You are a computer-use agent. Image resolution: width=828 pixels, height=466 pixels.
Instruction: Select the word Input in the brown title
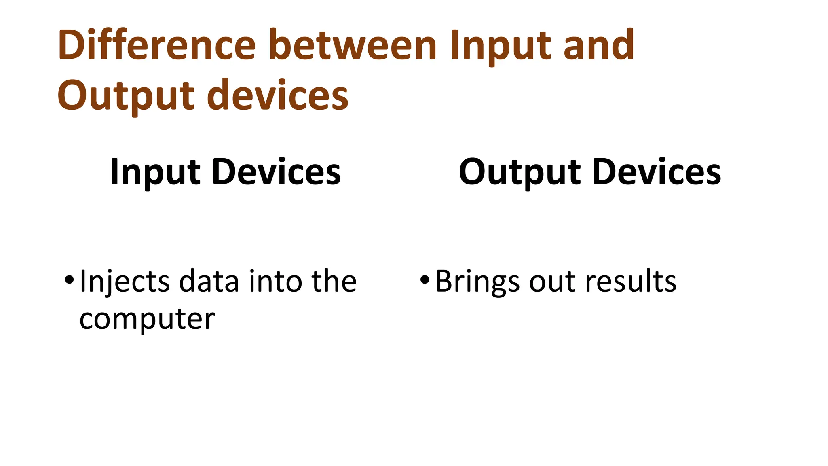(x=500, y=45)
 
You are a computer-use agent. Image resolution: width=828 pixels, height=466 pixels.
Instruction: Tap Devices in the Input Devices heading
(x=277, y=172)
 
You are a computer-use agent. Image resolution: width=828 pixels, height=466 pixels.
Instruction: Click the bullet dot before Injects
(x=69, y=280)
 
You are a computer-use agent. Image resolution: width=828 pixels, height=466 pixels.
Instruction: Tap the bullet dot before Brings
(x=424, y=280)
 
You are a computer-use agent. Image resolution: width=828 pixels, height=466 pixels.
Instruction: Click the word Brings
(x=477, y=282)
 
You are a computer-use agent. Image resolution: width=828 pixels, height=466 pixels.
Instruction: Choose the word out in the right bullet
(x=552, y=282)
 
